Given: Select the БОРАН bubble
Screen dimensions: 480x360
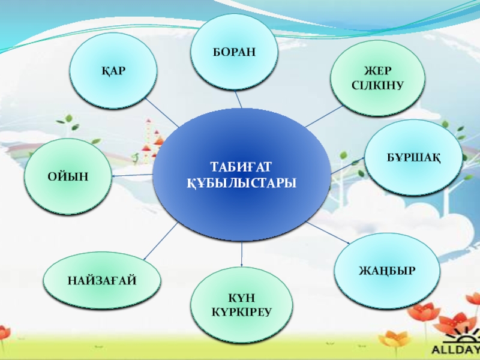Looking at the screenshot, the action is (x=233, y=52).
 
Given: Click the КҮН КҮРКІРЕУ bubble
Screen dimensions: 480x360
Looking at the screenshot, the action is (x=242, y=305).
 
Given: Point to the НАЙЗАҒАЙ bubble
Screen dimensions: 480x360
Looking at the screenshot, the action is (x=103, y=280).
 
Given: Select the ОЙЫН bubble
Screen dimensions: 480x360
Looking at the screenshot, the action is (x=68, y=176).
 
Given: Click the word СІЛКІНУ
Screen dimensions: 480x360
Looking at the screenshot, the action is (x=377, y=86).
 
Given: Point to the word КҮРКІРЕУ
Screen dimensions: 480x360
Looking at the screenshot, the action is (x=242, y=313).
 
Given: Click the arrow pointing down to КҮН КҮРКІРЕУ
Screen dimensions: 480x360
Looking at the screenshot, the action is (x=241, y=255).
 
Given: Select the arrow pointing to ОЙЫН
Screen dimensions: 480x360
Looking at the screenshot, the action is (x=132, y=175).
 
